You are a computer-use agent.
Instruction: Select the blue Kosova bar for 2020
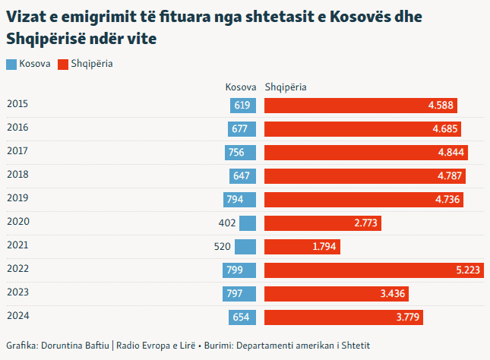point(248,223)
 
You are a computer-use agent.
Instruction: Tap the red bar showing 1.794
point(302,247)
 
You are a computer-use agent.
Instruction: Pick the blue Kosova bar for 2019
point(240,200)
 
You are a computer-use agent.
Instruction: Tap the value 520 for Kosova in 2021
point(223,247)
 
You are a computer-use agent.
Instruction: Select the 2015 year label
point(17,104)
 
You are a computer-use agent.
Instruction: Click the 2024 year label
point(17,316)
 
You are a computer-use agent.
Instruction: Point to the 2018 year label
point(17,175)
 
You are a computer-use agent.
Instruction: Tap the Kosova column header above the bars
point(241,87)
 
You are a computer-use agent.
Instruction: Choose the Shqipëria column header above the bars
point(285,87)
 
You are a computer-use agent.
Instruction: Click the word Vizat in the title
point(25,17)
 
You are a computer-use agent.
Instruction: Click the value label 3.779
point(408,317)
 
